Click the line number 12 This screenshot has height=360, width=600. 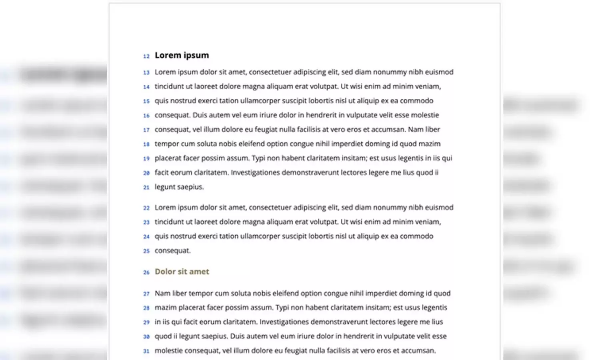[146, 56]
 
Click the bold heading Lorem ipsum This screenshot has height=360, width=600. [182, 55]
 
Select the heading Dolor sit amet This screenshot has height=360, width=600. [182, 272]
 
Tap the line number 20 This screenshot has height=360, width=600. [146, 173]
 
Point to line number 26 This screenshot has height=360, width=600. [146, 272]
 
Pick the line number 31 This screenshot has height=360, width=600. [146, 351]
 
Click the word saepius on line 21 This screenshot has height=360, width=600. [190, 187]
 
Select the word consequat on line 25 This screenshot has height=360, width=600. [172, 251]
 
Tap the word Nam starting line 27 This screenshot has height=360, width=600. [162, 293]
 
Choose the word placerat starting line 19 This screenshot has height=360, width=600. [168, 158]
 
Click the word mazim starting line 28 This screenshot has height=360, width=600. [163, 308]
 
